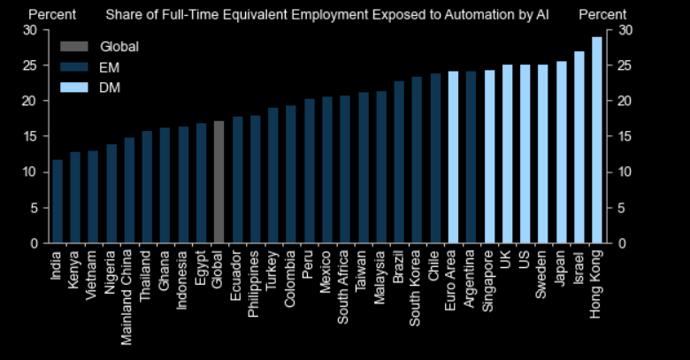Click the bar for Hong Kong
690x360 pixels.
tap(596, 140)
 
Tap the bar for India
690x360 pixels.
tap(57, 201)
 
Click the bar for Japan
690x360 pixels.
tap(561, 152)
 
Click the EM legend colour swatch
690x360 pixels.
tap(73, 66)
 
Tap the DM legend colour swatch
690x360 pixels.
tap(73, 87)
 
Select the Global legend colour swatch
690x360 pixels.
tap(73, 46)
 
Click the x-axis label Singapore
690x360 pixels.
tap(489, 277)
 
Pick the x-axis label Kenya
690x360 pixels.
tap(75, 268)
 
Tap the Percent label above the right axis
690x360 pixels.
tap(602, 14)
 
